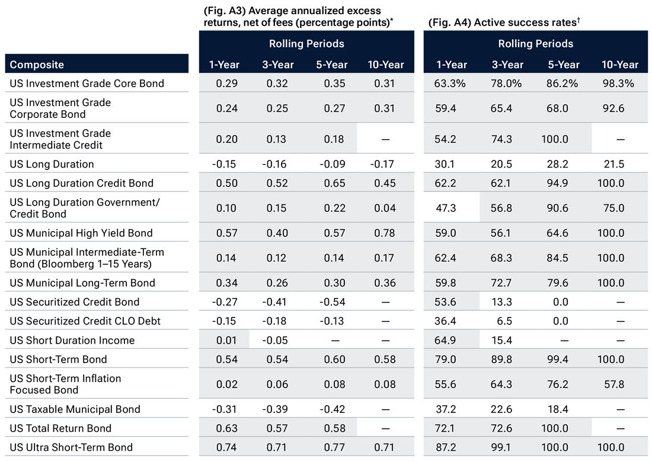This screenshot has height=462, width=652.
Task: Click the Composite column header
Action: point(37,65)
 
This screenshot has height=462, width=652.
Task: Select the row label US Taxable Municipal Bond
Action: point(75,409)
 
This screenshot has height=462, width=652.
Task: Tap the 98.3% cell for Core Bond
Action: point(619,84)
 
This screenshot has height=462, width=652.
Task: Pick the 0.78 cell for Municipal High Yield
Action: point(385,233)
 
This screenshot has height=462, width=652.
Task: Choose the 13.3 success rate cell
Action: point(507,301)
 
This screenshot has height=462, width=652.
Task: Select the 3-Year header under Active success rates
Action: point(507,65)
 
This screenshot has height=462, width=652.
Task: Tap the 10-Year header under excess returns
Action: point(385,65)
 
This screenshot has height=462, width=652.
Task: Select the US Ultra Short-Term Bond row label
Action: point(71,447)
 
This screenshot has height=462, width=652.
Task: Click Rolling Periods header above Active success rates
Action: point(535,44)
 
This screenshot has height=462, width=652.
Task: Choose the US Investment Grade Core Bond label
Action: point(87,84)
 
